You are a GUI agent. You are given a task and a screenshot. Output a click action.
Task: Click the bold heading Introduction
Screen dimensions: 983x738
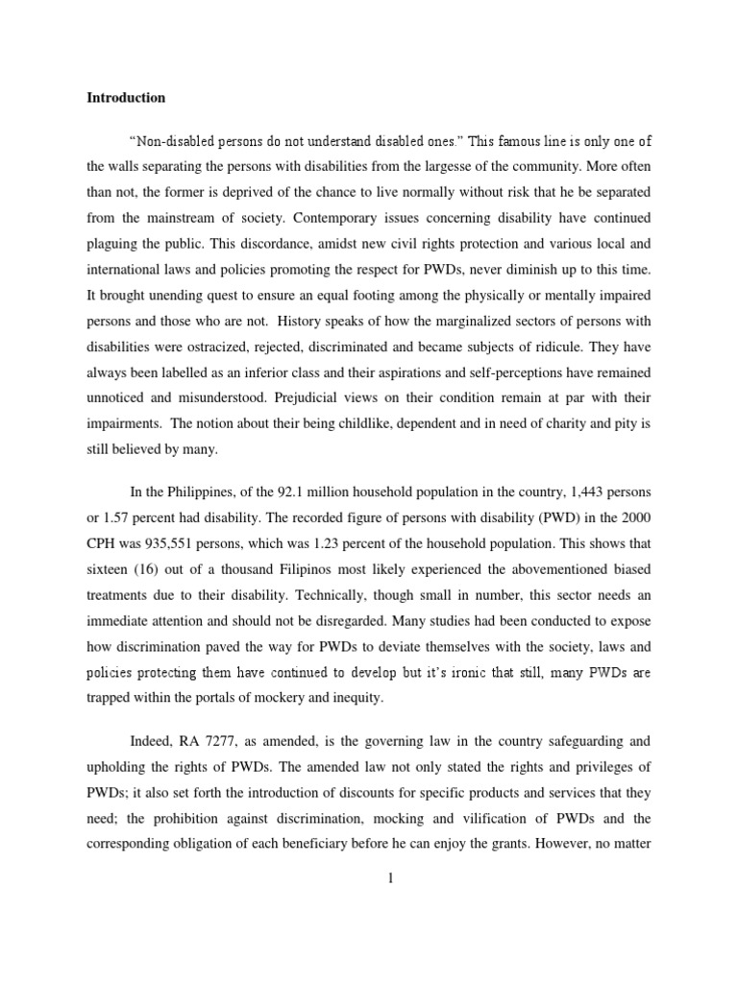(x=126, y=98)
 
